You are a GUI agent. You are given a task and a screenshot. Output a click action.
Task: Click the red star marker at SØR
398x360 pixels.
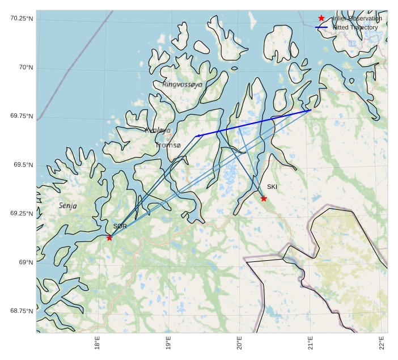109,238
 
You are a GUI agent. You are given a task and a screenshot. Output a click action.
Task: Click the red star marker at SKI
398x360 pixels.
264,198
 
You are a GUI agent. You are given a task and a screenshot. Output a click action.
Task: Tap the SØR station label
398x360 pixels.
120,226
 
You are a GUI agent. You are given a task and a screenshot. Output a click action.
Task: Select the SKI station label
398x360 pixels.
272,187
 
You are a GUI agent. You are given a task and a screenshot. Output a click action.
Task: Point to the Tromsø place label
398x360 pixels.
168,145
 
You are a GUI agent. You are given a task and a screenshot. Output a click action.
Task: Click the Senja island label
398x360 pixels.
68,206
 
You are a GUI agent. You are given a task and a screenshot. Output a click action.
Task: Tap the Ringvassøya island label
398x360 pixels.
182,84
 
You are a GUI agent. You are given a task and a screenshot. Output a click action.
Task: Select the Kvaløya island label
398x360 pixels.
158,130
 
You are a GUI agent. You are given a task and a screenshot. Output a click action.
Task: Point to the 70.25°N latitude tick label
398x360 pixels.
22,19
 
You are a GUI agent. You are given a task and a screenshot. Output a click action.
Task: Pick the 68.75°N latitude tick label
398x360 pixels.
22,311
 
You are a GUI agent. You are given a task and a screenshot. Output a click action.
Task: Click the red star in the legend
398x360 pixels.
321,19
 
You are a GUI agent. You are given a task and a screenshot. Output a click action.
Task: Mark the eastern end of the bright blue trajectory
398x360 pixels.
310,110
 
